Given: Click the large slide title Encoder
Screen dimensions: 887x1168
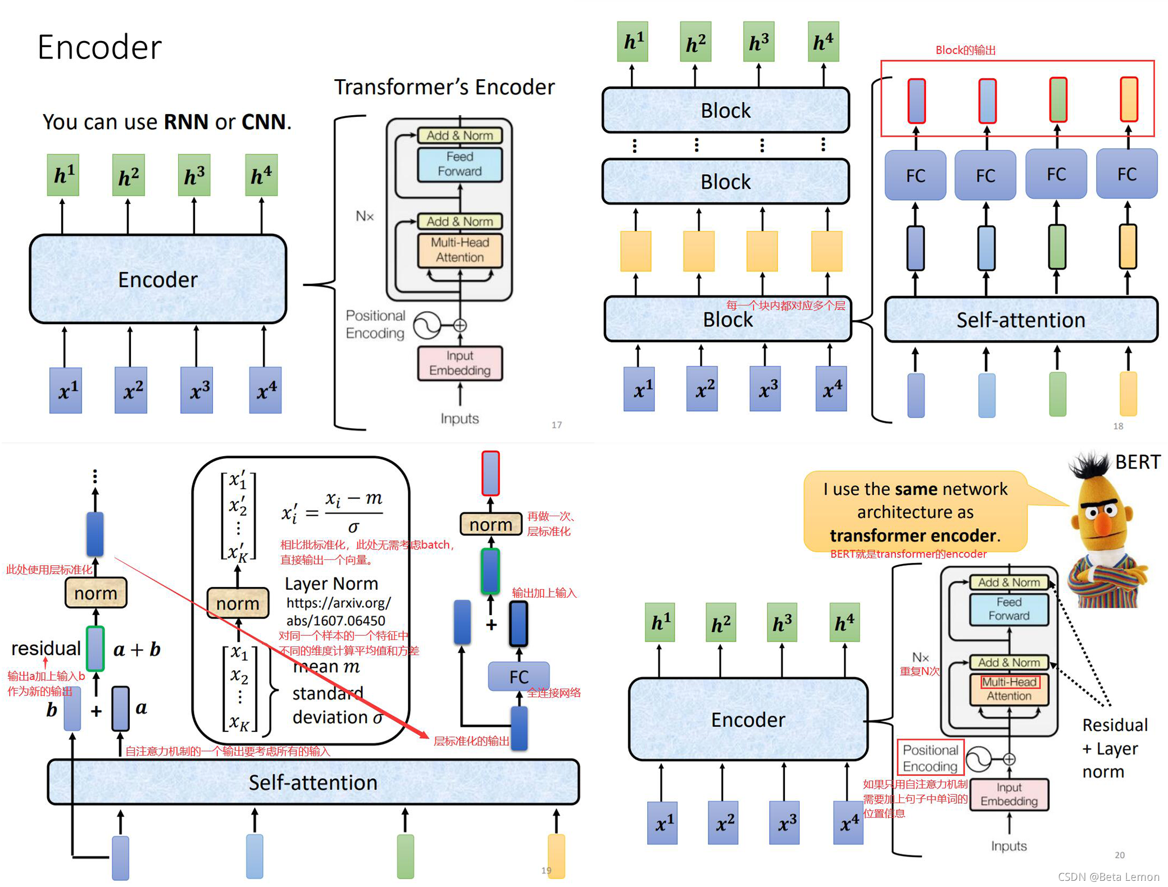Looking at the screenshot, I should tap(99, 47).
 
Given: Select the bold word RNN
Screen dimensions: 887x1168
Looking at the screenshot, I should tap(186, 122).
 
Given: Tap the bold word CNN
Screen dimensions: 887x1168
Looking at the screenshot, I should tap(263, 122).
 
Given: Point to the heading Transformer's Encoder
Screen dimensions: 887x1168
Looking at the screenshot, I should tap(444, 87).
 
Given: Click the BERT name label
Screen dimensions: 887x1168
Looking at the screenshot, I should tap(1137, 462).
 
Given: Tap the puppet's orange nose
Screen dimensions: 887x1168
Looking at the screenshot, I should tap(1103, 525).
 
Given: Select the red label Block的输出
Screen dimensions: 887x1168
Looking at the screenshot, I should tap(965, 51).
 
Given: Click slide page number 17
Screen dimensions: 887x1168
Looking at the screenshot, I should tap(556, 425).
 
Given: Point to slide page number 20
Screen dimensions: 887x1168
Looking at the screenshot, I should tap(1119, 855).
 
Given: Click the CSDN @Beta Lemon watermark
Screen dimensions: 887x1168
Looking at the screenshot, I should tap(1108, 877).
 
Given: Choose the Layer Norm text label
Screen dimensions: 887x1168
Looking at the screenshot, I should tap(331, 584).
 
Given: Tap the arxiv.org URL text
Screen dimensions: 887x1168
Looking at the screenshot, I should tap(338, 611).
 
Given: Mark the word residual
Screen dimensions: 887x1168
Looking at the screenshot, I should tap(46, 649).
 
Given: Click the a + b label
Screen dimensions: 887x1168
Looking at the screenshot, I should tap(137, 650).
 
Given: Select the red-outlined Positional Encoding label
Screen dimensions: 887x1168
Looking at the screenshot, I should tap(930, 758).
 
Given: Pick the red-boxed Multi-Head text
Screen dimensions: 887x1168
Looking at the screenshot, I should tap(1009, 682).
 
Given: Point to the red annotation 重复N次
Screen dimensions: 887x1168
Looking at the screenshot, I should tap(919, 671).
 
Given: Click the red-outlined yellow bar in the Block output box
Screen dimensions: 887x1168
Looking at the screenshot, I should tap(1128, 100).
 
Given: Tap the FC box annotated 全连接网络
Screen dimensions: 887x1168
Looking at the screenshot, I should tap(519, 676).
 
